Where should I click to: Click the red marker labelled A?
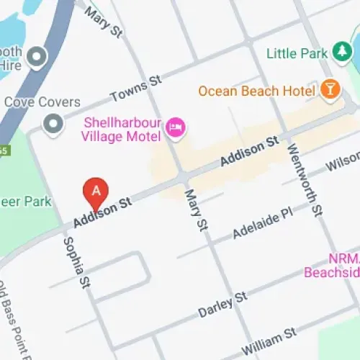96,191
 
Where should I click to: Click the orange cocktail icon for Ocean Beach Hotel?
330,90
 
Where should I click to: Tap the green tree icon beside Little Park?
341,53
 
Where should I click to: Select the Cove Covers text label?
42,102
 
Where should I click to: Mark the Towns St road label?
135,91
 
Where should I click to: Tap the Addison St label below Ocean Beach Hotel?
249,153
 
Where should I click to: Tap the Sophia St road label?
79,260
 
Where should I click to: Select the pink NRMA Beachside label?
331,266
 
